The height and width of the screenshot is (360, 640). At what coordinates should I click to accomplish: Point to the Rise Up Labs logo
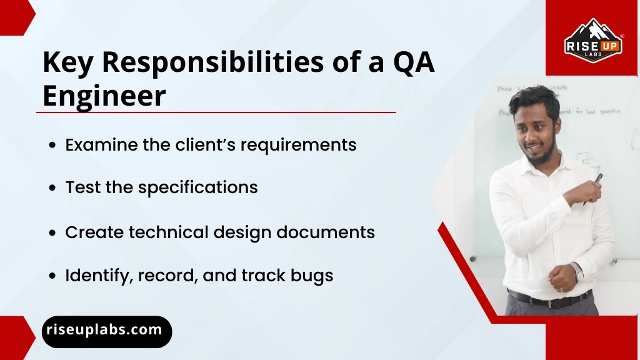pos(592,39)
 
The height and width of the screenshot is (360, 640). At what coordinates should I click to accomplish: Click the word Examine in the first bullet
pos(101,145)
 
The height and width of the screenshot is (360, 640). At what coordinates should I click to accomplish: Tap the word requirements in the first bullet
pos(298,146)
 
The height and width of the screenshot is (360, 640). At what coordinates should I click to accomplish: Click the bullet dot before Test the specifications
pos(53,188)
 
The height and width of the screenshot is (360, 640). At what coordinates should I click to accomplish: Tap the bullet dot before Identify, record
pos(53,276)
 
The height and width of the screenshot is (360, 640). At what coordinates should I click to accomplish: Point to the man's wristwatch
pos(576,272)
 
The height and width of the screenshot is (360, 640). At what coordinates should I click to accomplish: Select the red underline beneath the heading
pos(216,112)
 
